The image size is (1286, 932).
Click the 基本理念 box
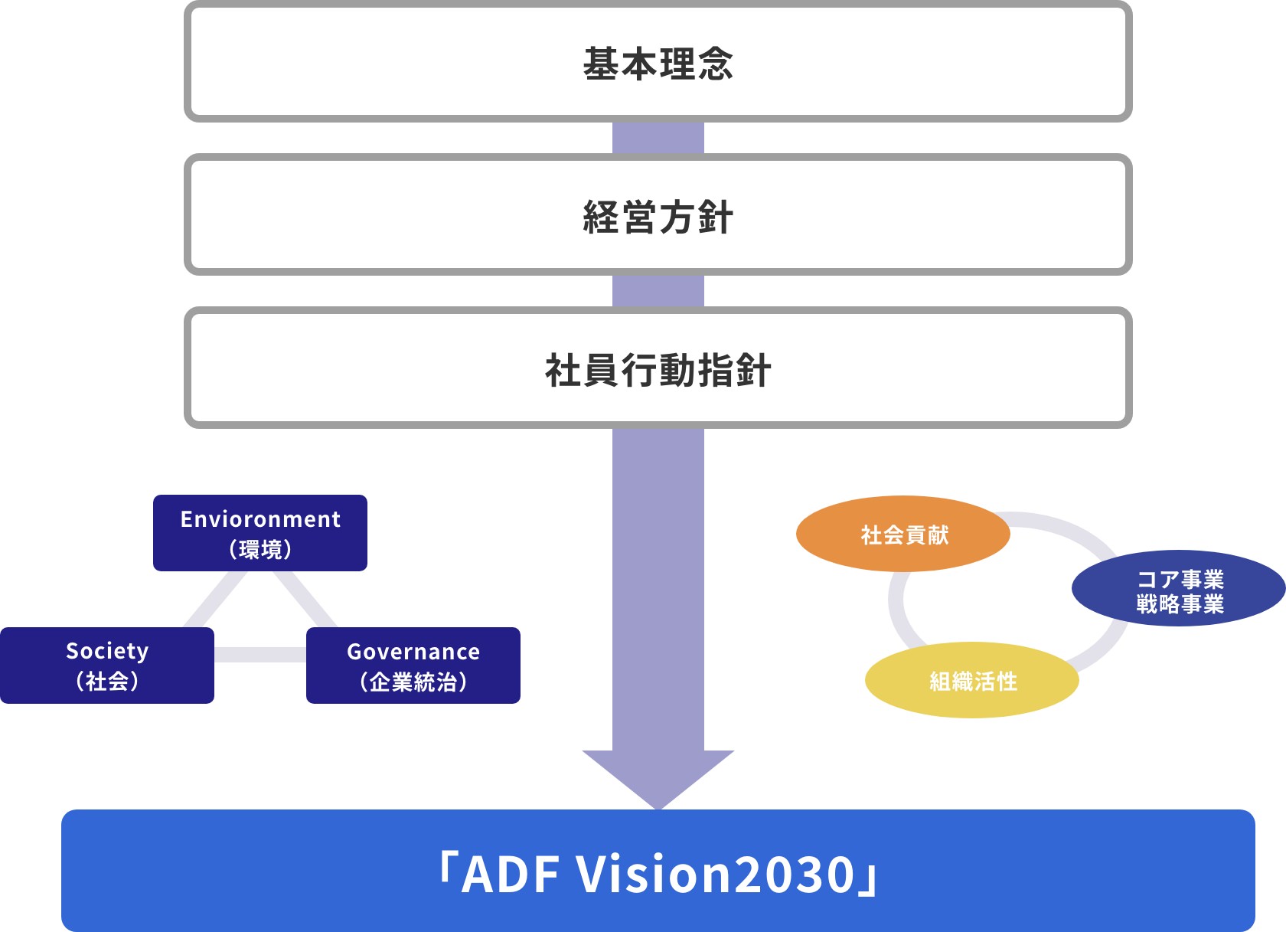[x=658, y=61]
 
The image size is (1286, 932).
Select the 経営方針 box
[x=658, y=214]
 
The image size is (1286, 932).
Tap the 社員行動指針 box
[x=658, y=368]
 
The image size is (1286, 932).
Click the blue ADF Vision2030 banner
[x=658, y=871]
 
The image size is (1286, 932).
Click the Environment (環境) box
[x=260, y=533]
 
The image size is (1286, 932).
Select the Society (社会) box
[x=107, y=665]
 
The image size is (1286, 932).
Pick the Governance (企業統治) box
[x=413, y=665]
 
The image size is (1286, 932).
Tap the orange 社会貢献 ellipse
[x=903, y=534]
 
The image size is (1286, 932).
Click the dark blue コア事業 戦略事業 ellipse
[x=1179, y=588]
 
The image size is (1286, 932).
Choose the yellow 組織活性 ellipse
[x=972, y=680]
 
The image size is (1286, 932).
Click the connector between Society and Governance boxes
[x=260, y=655]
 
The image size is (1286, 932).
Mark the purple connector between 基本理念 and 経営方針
[x=658, y=138]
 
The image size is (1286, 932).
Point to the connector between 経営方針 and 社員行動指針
[x=658, y=291]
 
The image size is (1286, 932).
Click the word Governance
[x=413, y=652]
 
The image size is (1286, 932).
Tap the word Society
[x=107, y=651]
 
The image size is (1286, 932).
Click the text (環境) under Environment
[x=260, y=550]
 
